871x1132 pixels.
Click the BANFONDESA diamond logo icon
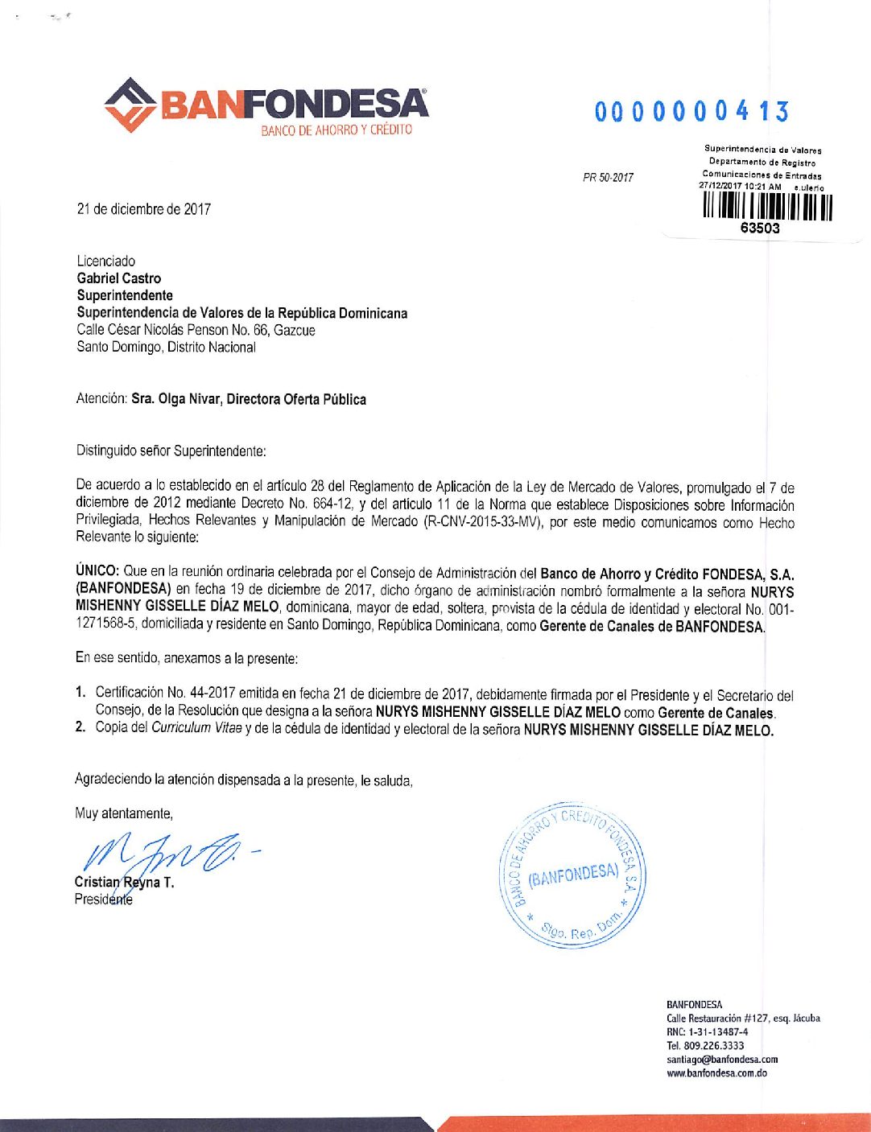click(130, 105)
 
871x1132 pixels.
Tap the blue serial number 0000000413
click(691, 112)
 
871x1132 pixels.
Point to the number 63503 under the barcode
click(760, 228)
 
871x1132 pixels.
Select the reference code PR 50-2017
click(608, 177)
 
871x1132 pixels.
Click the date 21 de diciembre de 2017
click(144, 209)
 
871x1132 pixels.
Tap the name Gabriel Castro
click(119, 278)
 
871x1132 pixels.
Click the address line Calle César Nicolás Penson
click(196, 330)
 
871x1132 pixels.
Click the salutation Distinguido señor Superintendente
click(171, 451)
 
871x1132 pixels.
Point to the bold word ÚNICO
click(97, 571)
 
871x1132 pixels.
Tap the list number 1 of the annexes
click(80, 693)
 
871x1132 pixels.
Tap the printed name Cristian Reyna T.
click(124, 882)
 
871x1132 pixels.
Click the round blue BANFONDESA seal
click(573, 874)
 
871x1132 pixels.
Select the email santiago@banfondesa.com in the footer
click(722, 1060)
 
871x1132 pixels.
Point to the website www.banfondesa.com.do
click(716, 1073)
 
